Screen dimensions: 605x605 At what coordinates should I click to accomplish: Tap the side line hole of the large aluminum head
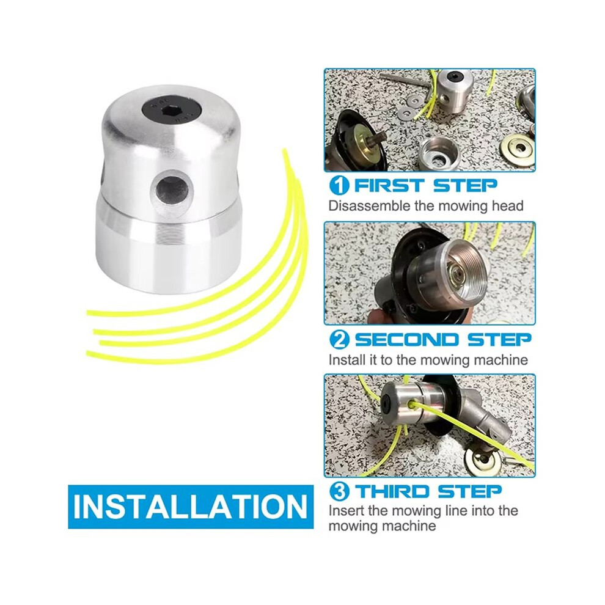[170, 189]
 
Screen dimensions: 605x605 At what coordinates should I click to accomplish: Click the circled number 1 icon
[339, 186]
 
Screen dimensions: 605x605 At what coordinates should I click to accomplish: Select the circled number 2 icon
[339, 340]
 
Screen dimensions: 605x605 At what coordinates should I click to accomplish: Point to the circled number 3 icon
[339, 491]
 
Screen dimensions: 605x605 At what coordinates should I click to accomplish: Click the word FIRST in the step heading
[390, 186]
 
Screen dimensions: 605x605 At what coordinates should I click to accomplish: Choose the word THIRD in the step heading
[392, 491]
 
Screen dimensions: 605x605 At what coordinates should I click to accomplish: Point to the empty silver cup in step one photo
[439, 153]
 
